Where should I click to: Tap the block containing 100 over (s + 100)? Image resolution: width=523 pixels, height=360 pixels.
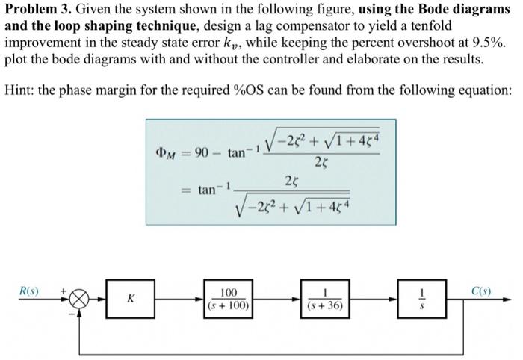229,299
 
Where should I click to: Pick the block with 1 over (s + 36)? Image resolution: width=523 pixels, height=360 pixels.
325,299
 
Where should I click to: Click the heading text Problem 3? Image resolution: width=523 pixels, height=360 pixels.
33,9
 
